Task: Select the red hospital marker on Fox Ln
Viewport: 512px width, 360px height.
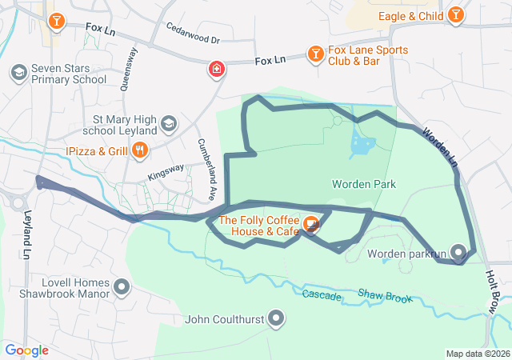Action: pyautogui.click(x=216, y=70)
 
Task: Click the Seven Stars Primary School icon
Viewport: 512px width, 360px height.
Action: pyautogui.click(x=18, y=73)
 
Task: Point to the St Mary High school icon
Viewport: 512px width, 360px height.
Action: pyautogui.click(x=168, y=123)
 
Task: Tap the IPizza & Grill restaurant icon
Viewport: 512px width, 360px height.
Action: pyautogui.click(x=140, y=149)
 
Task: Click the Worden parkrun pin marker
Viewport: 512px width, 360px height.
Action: pyautogui.click(x=458, y=254)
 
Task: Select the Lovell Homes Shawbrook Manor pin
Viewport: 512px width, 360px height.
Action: pyautogui.click(x=122, y=286)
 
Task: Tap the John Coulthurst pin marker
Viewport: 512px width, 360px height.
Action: pyautogui.click(x=277, y=319)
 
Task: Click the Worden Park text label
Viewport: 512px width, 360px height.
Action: pyautogui.click(x=364, y=184)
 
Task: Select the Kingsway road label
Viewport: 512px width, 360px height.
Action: pyautogui.click(x=165, y=171)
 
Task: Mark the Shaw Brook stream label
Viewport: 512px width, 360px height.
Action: pyautogui.click(x=386, y=296)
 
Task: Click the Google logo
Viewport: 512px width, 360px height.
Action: pyautogui.click(x=26, y=350)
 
